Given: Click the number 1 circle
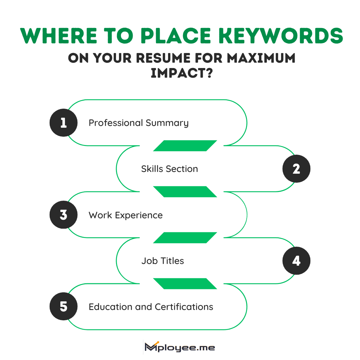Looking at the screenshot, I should click(x=63, y=123).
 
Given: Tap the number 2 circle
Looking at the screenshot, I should click(x=296, y=169).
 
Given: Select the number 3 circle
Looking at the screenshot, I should click(x=63, y=215).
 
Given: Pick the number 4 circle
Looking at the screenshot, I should click(x=296, y=261).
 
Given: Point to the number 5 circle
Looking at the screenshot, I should click(x=63, y=307).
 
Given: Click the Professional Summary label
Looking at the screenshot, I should click(x=138, y=123).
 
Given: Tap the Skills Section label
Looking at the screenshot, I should click(x=169, y=169).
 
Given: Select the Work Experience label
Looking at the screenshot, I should click(x=126, y=215).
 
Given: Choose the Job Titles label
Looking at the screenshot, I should click(x=162, y=261).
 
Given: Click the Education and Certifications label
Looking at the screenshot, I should click(x=151, y=307).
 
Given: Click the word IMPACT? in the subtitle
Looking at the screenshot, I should click(x=182, y=73).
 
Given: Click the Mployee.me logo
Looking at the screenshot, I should click(x=180, y=348).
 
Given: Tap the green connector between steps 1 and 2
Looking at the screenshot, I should click(x=185, y=146).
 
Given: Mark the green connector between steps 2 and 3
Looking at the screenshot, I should click(x=185, y=192).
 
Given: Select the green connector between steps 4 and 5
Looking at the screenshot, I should click(x=185, y=284).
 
